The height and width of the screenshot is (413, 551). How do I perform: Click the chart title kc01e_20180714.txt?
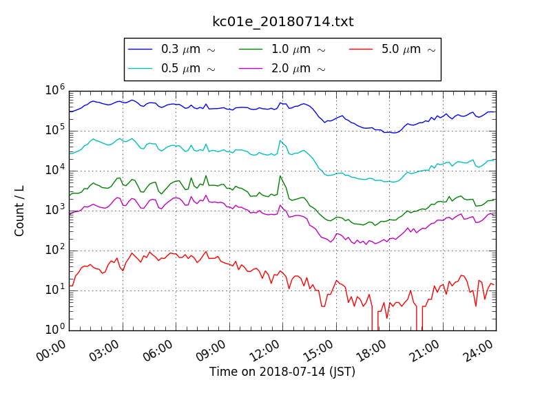[282, 22]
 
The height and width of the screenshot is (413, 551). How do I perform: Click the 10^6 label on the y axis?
[55, 90]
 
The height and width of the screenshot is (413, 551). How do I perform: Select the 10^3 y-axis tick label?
[55, 210]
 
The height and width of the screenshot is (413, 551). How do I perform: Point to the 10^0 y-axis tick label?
[55, 330]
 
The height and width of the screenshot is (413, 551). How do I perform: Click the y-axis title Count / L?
[20, 211]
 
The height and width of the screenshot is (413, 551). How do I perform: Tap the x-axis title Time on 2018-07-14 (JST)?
[282, 372]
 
